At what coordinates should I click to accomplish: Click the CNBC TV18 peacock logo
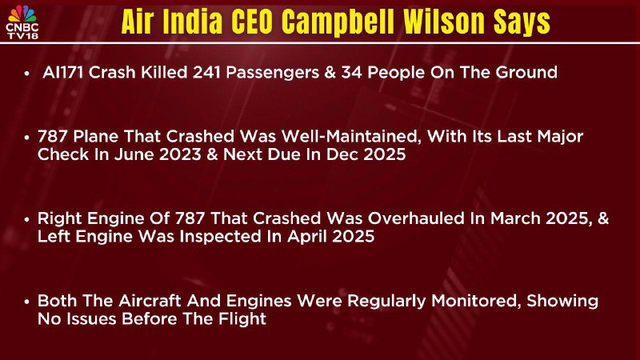click(22, 22)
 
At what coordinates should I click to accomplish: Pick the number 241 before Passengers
click(206, 73)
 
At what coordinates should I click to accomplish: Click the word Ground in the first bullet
click(526, 73)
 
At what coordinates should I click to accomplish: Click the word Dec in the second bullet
click(343, 154)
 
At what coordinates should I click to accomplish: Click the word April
click(307, 236)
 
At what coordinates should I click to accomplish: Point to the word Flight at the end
click(242, 318)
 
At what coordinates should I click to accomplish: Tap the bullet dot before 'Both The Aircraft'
click(27, 302)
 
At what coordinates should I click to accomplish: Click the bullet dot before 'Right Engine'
click(27, 219)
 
